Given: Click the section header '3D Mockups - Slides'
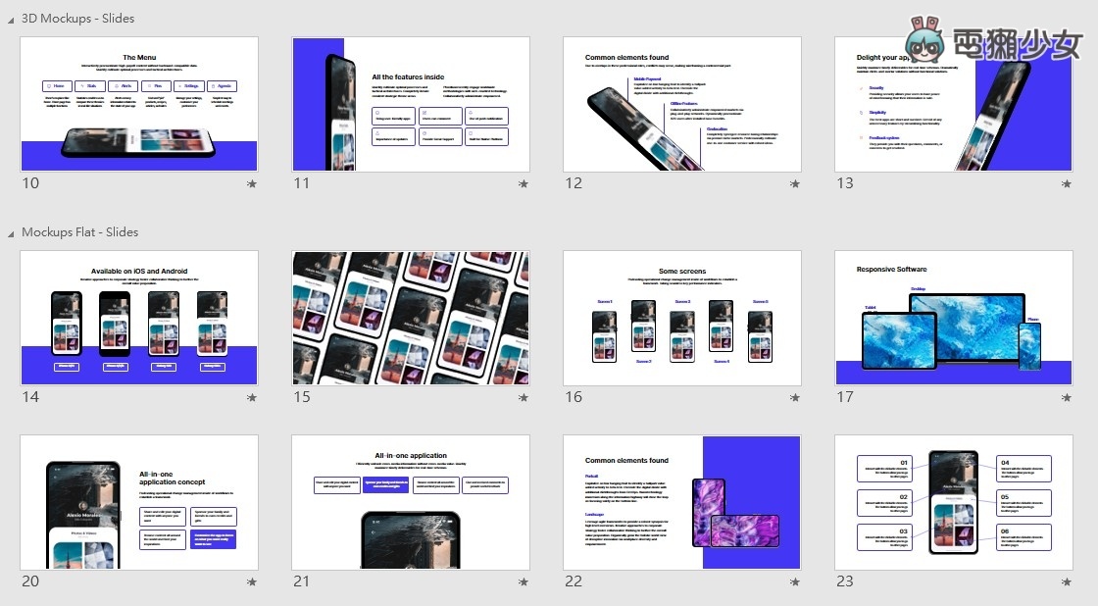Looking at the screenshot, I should (77, 18).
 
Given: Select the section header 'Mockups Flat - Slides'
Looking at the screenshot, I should (79, 232).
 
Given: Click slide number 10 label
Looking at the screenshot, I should (30, 183).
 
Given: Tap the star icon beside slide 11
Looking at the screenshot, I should (523, 183).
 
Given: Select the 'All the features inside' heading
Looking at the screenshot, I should (407, 76).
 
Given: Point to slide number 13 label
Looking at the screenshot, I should (844, 183).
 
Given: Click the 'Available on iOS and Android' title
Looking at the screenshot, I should (138, 271).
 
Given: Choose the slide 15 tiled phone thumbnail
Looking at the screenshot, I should (411, 317).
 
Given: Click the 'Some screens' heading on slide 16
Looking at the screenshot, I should (681, 272).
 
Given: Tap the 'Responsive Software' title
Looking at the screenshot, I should (891, 269).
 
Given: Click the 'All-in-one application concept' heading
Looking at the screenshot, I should (173, 478).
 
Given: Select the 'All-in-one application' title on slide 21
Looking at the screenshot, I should (410, 455).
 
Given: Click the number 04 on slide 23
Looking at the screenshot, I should (1005, 461).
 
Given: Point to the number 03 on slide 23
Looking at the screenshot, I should (904, 530).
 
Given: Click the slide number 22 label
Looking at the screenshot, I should (574, 581).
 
